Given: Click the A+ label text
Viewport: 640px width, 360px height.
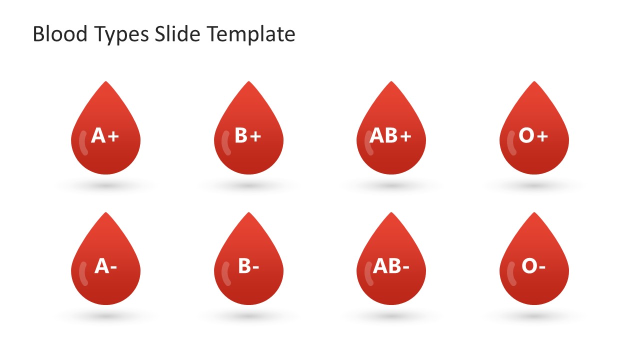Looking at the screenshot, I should pyautogui.click(x=105, y=135).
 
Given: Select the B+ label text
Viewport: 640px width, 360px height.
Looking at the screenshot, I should pyautogui.click(x=248, y=135).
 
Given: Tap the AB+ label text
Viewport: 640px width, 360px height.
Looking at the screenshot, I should pyautogui.click(x=390, y=135).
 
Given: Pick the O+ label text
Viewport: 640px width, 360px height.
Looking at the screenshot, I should pyautogui.click(x=533, y=135).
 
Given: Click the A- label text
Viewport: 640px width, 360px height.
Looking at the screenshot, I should pyautogui.click(x=105, y=266).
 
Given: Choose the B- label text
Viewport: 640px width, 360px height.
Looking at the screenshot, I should pyautogui.click(x=248, y=266).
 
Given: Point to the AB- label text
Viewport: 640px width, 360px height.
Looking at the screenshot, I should pyautogui.click(x=391, y=266).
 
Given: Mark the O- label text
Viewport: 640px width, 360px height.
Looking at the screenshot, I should pyautogui.click(x=533, y=266).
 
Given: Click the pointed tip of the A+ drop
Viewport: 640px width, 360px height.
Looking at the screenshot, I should pyautogui.click(x=106, y=82).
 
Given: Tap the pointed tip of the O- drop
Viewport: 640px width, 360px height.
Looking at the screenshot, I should pyautogui.click(x=534, y=213).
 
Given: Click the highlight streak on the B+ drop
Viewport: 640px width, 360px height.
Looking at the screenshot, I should pyautogui.click(x=225, y=143).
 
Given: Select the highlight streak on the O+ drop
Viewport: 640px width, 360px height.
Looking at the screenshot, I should pyautogui.click(x=511, y=143).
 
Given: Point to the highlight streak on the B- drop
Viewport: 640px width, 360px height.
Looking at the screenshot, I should pyautogui.click(x=225, y=274).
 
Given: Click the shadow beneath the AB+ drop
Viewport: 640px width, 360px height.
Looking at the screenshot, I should pyautogui.click(x=391, y=186).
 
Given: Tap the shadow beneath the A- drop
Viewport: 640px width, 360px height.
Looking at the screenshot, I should pyautogui.click(x=106, y=317).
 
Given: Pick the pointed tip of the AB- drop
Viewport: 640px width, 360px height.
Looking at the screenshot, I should pyautogui.click(x=391, y=213).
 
